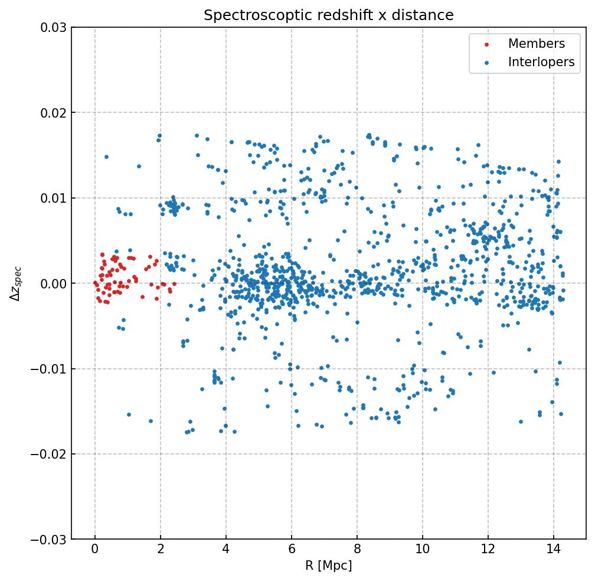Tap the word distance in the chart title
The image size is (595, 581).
(x=426, y=15)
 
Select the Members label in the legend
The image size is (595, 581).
(x=536, y=44)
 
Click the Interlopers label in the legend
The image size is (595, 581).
(x=541, y=62)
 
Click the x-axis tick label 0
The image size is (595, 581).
(x=95, y=551)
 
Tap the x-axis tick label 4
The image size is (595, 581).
(x=226, y=551)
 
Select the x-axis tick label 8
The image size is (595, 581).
(x=357, y=551)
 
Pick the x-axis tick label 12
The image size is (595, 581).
(x=488, y=551)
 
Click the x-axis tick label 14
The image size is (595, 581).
(x=553, y=551)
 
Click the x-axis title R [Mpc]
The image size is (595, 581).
(x=329, y=566)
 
